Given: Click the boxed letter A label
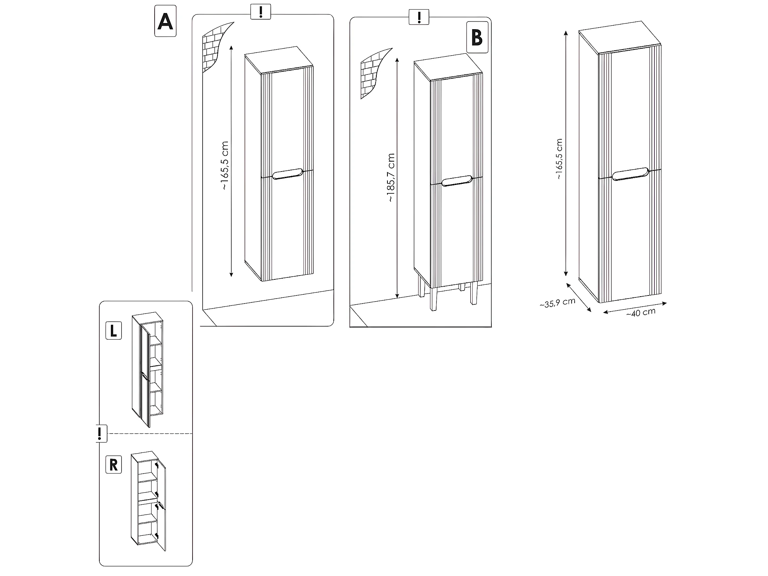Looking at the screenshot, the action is [165, 21].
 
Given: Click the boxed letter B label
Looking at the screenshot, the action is [477, 37].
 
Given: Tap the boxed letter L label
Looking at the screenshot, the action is [114, 331].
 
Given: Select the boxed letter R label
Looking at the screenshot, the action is [114, 465].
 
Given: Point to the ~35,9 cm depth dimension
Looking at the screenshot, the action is [557, 303].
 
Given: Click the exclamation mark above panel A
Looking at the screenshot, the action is [261, 12].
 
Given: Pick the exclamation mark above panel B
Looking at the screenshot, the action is [419, 17].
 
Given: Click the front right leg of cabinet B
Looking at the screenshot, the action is [474, 293].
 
